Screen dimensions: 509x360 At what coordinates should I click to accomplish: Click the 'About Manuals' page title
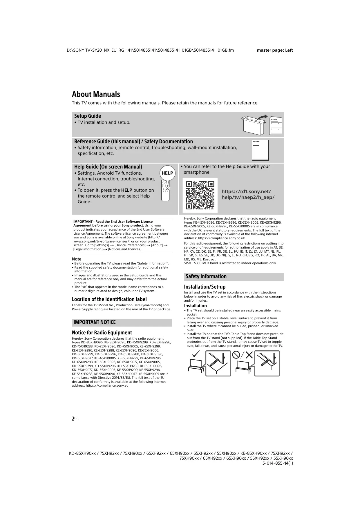[96, 94]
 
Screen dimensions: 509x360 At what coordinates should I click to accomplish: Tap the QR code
[200, 195]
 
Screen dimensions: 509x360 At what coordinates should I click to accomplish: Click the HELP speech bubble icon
[167, 173]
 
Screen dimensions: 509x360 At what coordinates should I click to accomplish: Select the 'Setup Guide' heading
[88, 116]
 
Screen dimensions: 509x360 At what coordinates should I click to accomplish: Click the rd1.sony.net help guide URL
[248, 195]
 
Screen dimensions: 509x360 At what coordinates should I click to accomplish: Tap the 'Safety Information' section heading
[206, 276]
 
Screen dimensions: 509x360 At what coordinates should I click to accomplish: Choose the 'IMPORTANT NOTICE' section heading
[95, 322]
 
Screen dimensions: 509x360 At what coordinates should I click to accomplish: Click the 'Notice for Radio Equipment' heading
[102, 333]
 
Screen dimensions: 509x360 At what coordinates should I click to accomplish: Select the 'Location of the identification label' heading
[109, 299]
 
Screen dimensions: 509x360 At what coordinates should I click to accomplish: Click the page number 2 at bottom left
[73, 419]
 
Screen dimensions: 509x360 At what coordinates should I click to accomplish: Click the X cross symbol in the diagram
[249, 354]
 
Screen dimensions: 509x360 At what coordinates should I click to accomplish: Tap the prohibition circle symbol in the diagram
[236, 354]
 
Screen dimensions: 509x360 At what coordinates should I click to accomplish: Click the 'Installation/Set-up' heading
[205, 287]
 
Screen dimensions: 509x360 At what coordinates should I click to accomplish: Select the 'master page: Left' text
[275, 50]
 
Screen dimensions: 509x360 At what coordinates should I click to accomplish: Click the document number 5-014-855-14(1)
[278, 463]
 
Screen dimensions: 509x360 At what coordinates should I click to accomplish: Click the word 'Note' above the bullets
[77, 259]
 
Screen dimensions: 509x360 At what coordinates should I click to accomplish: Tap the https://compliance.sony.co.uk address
[221, 238]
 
